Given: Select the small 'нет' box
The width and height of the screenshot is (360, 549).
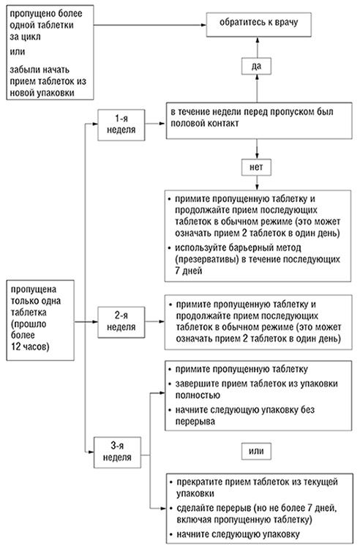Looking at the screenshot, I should point(255,167).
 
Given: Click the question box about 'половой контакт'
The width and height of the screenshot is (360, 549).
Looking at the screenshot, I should point(255,119).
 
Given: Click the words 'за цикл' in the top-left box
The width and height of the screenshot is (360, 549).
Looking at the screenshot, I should point(26,40).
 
